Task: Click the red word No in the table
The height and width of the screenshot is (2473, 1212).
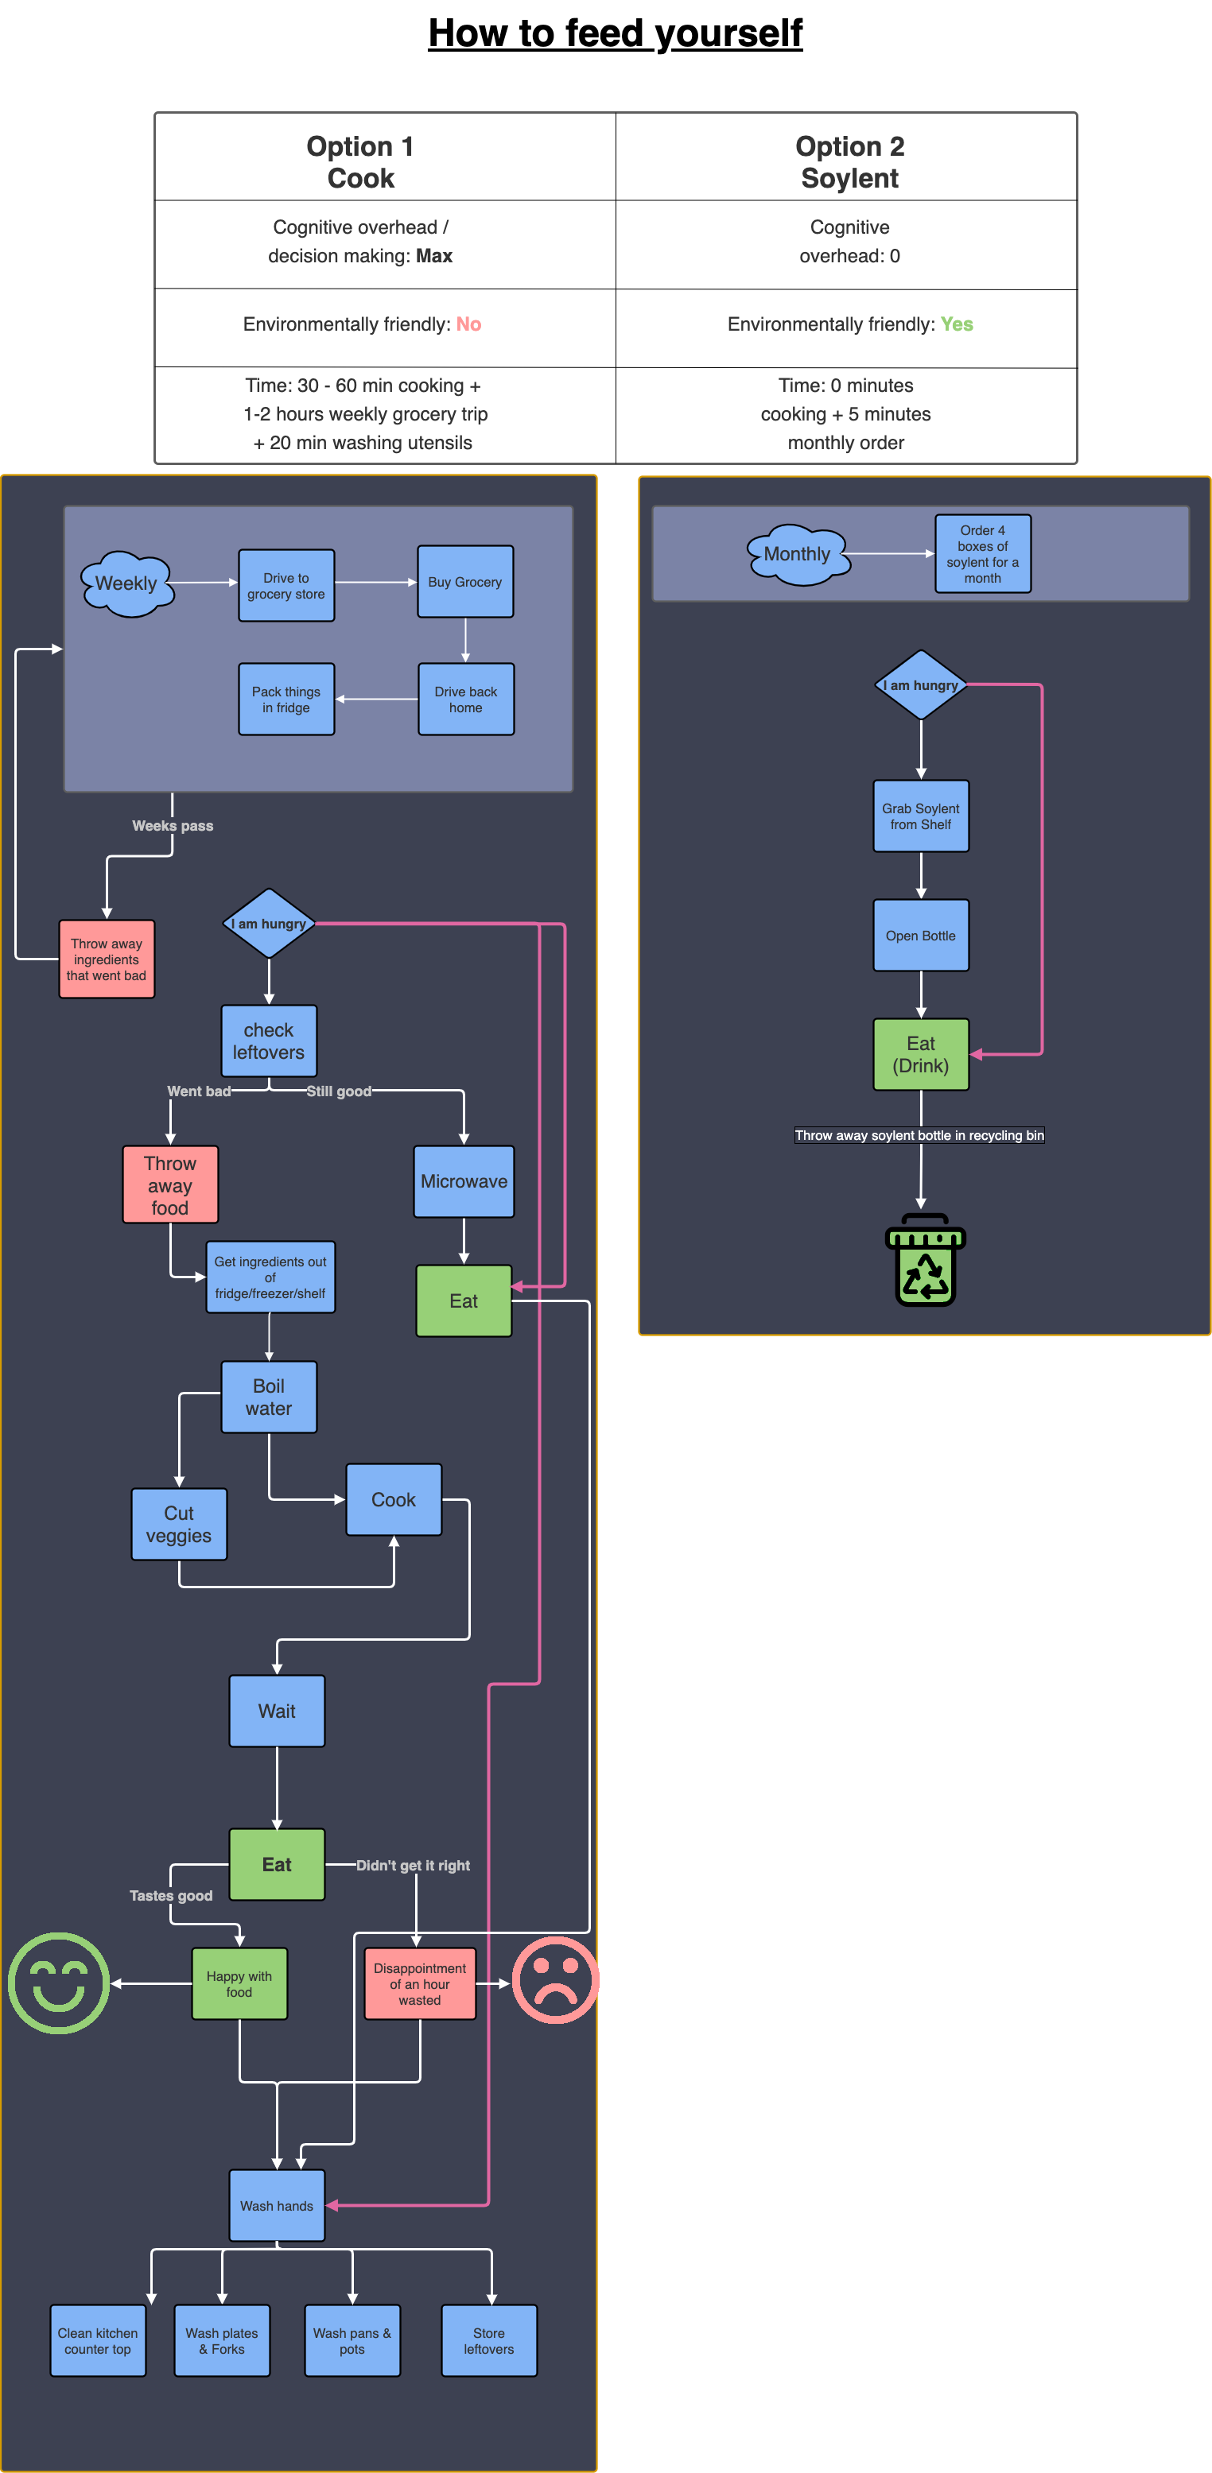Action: pyautogui.click(x=468, y=324)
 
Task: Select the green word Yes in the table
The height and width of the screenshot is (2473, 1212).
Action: pyautogui.click(x=957, y=324)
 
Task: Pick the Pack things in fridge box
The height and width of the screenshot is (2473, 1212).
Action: pyautogui.click(x=286, y=699)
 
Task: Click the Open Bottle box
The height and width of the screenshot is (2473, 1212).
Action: pyautogui.click(x=921, y=935)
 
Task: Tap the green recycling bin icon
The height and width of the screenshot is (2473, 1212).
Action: pyautogui.click(x=925, y=1259)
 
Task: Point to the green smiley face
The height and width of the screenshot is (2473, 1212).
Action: pyautogui.click(x=59, y=1983)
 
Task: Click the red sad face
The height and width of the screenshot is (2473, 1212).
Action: pyautogui.click(x=555, y=1980)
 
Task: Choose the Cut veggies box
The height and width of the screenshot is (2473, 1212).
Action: pyautogui.click(x=179, y=1524)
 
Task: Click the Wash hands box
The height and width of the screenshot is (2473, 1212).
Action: pyautogui.click(x=277, y=2205)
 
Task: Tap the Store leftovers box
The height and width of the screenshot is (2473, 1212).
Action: pyautogui.click(x=489, y=2340)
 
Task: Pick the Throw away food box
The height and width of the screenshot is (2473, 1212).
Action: pyautogui.click(x=170, y=1184)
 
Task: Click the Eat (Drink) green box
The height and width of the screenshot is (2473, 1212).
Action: pyautogui.click(x=921, y=1054)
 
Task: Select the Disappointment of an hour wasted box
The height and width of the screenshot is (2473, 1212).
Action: pyautogui.click(x=420, y=1983)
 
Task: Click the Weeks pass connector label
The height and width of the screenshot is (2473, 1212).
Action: pyautogui.click(x=173, y=826)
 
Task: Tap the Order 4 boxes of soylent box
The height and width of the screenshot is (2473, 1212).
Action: pyautogui.click(x=982, y=554)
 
